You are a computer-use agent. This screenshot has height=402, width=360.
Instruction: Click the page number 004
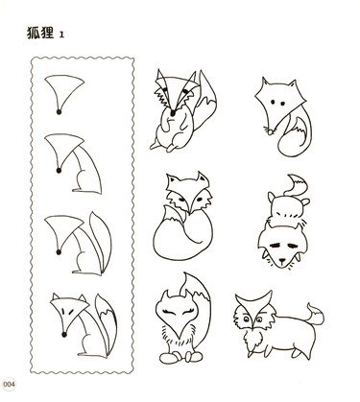[x=10, y=384]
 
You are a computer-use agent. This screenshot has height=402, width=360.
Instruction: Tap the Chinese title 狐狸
[x=40, y=33]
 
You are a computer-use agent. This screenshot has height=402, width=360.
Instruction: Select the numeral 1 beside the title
[x=61, y=35]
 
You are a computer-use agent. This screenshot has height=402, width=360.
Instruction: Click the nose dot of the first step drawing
[x=59, y=111]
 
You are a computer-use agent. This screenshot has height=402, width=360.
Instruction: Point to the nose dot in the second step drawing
[x=59, y=171]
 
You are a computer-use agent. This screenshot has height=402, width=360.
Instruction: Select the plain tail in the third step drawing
[x=101, y=242]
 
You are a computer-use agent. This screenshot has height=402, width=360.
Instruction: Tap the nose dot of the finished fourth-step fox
[x=64, y=335]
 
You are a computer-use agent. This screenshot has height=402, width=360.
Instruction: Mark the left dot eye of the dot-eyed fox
[x=273, y=102]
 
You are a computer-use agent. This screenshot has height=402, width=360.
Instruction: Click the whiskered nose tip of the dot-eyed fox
[x=271, y=131]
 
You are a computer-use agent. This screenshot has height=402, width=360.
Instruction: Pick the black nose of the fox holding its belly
[x=173, y=113]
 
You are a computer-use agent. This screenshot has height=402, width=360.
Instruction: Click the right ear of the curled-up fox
[x=203, y=178]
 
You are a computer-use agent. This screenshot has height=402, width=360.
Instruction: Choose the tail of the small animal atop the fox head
[x=297, y=185]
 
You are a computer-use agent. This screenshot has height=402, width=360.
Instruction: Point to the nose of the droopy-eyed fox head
[x=282, y=261]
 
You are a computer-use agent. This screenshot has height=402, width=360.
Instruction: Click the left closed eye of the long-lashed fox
[x=170, y=311]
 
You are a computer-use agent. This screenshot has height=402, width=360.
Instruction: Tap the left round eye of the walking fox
[x=247, y=319]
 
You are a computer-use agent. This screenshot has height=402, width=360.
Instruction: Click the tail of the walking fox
[x=315, y=315]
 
